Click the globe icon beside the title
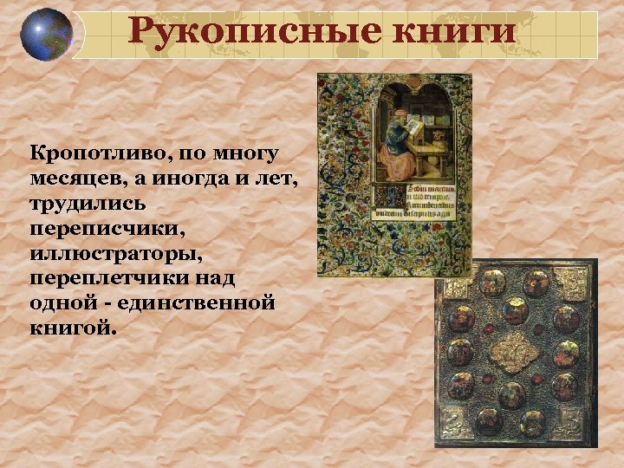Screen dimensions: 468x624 pyautogui.click(x=46, y=35)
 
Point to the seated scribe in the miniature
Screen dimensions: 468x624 pyautogui.click(x=398, y=142)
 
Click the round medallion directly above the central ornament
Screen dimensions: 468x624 pyautogui.click(x=515, y=309)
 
